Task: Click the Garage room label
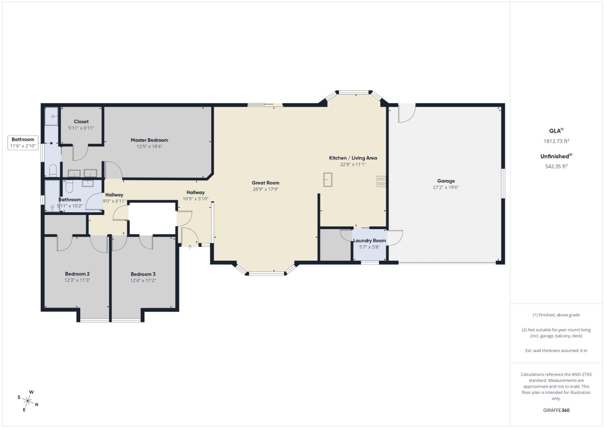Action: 446,181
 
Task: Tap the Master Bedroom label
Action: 149,140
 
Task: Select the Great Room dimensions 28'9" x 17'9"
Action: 265,189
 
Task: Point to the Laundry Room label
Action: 369,240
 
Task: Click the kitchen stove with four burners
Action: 381,181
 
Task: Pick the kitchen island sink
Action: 328,180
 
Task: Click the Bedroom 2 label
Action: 77,274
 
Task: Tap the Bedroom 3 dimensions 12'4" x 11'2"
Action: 143,280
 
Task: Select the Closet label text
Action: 81,121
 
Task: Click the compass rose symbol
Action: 28,401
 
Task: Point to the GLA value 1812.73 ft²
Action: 556,141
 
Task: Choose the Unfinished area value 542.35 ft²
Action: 556,166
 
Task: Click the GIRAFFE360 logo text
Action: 556,410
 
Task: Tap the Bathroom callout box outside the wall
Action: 23,142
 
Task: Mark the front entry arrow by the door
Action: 190,246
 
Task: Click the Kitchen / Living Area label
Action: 353,158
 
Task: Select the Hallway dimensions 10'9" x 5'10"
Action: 195,199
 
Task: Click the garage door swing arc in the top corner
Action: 407,113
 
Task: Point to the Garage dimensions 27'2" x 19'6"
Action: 446,187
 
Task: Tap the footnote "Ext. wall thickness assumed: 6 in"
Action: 556,351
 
